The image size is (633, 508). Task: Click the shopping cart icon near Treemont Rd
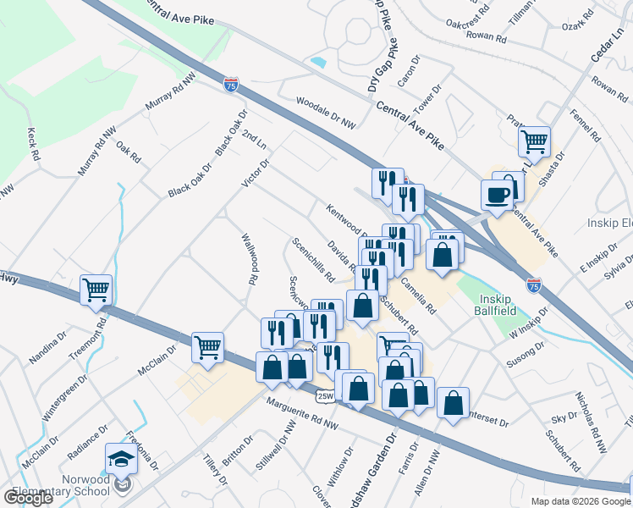(x=96, y=290)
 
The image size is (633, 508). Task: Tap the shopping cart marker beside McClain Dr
(x=207, y=346)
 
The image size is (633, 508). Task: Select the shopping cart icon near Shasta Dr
(x=535, y=142)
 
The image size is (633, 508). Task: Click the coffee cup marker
(x=497, y=195)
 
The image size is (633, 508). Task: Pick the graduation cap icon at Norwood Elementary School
(x=121, y=460)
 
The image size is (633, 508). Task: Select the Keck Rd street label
(x=34, y=145)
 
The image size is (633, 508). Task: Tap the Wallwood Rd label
(x=250, y=258)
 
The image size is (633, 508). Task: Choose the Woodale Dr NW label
(x=326, y=113)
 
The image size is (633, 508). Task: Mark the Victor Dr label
(x=255, y=174)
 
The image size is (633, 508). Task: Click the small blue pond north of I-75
(x=318, y=62)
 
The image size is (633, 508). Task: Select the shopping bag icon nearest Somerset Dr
(x=453, y=404)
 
